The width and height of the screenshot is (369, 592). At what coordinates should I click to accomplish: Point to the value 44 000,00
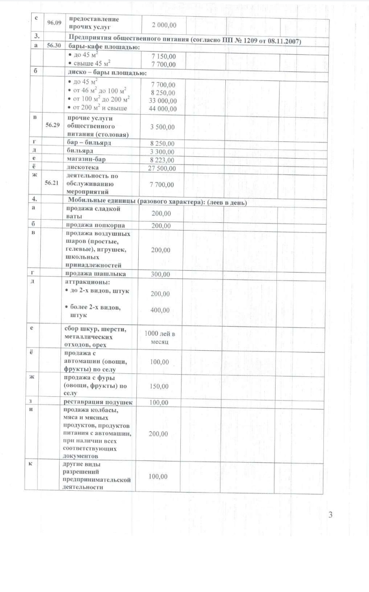163,108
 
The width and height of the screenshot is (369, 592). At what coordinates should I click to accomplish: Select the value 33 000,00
163,100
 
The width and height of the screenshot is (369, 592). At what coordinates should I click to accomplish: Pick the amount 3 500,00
163,127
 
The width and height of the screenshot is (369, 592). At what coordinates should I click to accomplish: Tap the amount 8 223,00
162,160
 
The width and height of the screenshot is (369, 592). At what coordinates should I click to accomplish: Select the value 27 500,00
162,168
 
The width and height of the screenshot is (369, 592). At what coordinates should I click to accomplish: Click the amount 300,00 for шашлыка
161,274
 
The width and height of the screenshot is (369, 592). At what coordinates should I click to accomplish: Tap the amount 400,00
160,310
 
